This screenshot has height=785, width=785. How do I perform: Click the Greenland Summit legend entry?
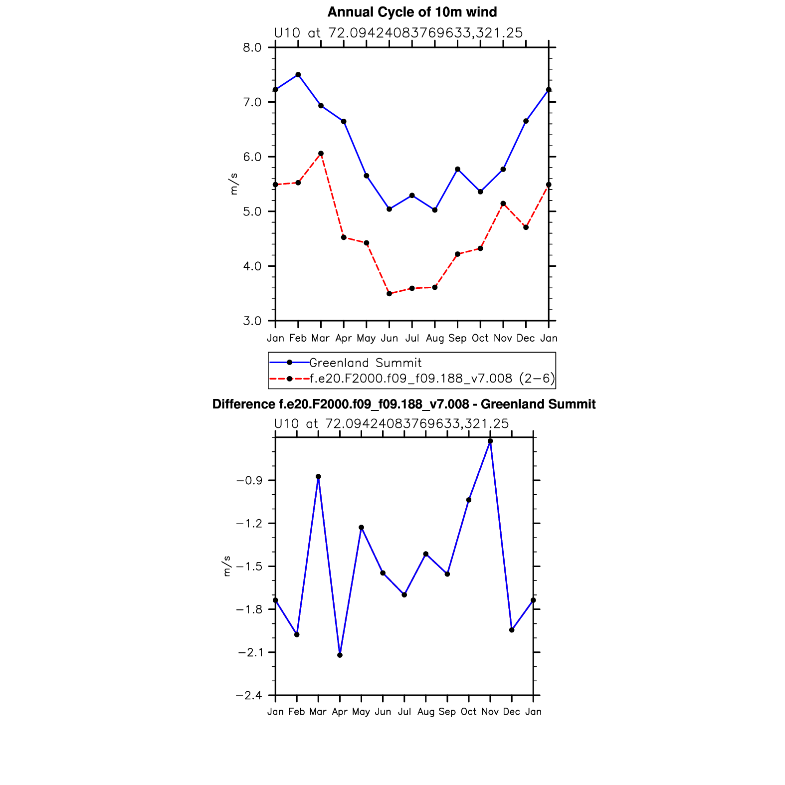coord(365,363)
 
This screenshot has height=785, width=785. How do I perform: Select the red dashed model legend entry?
coord(432,379)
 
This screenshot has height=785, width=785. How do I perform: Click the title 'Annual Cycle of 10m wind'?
coord(412,12)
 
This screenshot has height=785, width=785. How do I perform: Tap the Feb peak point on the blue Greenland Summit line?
coord(298,75)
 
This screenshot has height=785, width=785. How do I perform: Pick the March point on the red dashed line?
coord(321,154)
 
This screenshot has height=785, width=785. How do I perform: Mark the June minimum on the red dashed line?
coord(389,294)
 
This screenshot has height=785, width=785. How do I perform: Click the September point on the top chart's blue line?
coord(457,169)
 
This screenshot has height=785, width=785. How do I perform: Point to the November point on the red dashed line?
coord(503,203)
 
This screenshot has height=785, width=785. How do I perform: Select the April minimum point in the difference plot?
coord(340,655)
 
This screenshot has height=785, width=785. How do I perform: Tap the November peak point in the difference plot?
coord(490,441)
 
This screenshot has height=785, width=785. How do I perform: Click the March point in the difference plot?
coord(318,477)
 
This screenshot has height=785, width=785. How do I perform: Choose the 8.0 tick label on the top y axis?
coord(252,47)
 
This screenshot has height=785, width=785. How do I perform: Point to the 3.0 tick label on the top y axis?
coord(252,321)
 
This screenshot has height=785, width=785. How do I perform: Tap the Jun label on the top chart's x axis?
coord(389,338)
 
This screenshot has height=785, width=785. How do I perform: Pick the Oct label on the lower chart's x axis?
coord(469,712)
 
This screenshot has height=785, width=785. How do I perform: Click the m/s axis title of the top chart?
coord(233,184)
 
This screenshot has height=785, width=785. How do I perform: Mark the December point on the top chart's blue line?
coord(526,121)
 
